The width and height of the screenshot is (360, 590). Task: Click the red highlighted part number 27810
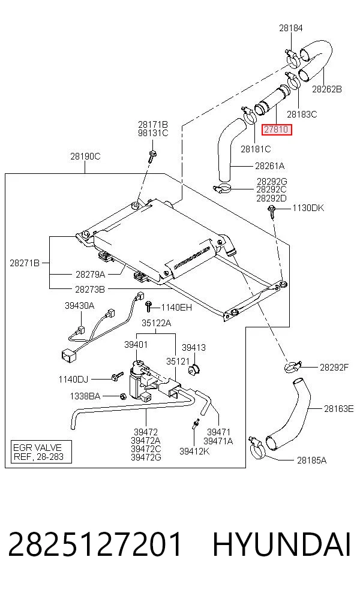click(x=277, y=130)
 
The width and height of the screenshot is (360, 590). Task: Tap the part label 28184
click(x=291, y=28)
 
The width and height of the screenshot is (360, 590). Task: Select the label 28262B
click(x=327, y=89)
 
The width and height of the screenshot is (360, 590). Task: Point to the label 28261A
click(x=269, y=165)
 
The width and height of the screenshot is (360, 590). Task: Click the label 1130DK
click(x=308, y=208)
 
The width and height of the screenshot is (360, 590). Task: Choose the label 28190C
click(x=85, y=156)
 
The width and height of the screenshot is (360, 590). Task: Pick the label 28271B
click(x=25, y=263)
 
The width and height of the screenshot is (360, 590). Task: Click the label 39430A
click(x=79, y=306)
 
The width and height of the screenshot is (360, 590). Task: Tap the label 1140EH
click(x=176, y=308)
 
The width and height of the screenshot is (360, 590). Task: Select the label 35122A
click(x=156, y=323)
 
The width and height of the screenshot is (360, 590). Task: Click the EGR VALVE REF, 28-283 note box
click(x=41, y=452)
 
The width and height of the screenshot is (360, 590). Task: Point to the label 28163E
click(x=338, y=409)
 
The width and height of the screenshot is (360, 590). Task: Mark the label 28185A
click(x=311, y=460)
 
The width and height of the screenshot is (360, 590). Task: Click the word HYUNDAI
click(x=282, y=544)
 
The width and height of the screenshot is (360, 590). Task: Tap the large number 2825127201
click(x=95, y=544)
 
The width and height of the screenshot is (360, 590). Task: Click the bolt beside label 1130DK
click(x=272, y=210)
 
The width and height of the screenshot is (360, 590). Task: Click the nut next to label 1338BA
click(x=122, y=396)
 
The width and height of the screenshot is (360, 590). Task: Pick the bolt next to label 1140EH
click(x=148, y=306)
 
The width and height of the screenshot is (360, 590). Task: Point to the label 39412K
click(x=194, y=451)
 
